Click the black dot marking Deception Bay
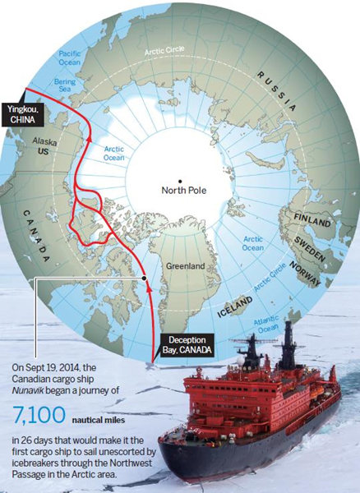145,279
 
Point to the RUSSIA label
278,91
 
